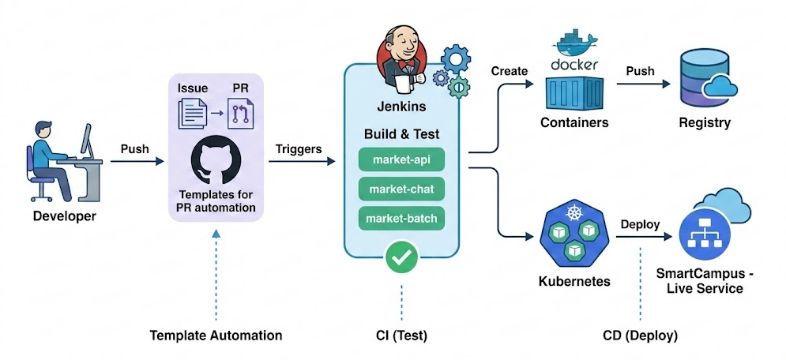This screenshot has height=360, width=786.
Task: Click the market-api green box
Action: click(401, 159)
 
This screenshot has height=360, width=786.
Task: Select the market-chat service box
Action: click(401, 189)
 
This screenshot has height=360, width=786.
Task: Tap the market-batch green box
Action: click(401, 219)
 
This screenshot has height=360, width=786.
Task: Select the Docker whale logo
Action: click(574, 46)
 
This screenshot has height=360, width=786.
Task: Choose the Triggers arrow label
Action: click(298, 148)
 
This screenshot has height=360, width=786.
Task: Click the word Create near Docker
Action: click(510, 71)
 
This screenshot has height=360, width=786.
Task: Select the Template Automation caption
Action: click(216, 336)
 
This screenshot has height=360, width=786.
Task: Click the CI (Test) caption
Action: click(401, 336)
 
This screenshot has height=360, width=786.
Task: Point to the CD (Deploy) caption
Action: click(639, 336)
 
